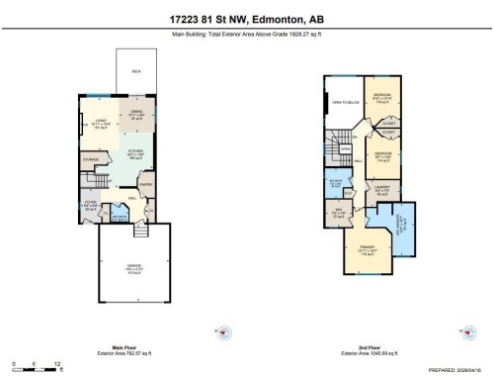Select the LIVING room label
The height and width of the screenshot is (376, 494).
[100, 121]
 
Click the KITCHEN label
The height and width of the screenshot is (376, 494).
[133, 151]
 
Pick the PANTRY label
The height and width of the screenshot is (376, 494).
[143, 184]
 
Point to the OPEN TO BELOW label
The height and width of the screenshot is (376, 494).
[345, 103]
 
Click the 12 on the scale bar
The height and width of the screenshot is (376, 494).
[57, 364]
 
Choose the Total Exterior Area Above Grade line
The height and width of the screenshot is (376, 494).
[246, 35]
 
